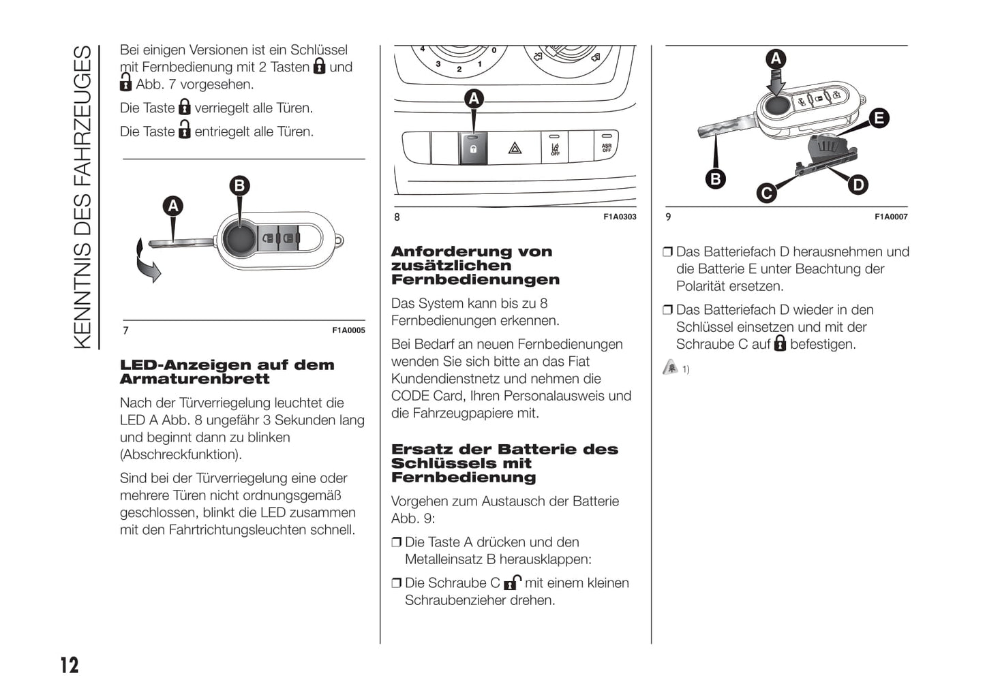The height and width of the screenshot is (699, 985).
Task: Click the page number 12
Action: tap(70, 665)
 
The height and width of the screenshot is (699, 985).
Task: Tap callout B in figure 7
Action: tap(239, 186)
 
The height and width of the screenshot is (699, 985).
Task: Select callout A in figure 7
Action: tap(173, 206)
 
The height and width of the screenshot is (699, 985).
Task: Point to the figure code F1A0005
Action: tap(348, 330)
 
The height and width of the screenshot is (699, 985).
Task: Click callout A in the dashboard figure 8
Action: tap(474, 99)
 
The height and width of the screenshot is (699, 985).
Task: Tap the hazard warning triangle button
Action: tap(515, 148)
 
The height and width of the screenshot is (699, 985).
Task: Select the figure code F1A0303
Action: tap(620, 217)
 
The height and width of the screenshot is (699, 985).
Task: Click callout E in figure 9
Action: tap(879, 118)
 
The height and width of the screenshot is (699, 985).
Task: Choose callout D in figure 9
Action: tap(858, 185)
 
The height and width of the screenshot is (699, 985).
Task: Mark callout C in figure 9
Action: tap(766, 193)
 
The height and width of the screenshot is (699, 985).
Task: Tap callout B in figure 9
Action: tap(715, 179)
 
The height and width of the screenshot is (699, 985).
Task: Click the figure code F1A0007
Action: tap(891, 217)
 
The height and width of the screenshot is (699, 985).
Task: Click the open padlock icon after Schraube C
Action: tap(512, 582)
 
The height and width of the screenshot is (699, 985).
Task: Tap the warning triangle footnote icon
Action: tap(671, 368)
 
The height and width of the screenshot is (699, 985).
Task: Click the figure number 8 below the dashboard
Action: tap(397, 217)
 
